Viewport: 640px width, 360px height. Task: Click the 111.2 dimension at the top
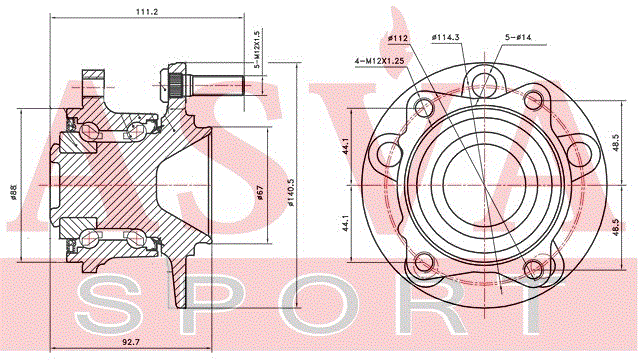pos(147,12)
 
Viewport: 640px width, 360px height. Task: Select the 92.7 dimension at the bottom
pos(131,342)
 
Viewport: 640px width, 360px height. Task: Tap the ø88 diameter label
pos(13,193)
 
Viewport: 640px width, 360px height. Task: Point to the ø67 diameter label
pos(260,192)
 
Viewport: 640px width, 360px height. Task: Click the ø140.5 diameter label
pos(291,191)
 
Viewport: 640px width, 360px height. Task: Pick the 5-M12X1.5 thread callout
pos(257,50)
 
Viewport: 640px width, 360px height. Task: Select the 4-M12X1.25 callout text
pos(379,61)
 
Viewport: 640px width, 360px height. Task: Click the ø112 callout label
pos(398,38)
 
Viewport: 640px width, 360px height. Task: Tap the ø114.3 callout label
pos(446,37)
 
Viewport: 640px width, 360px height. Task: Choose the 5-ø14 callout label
pos(518,37)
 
